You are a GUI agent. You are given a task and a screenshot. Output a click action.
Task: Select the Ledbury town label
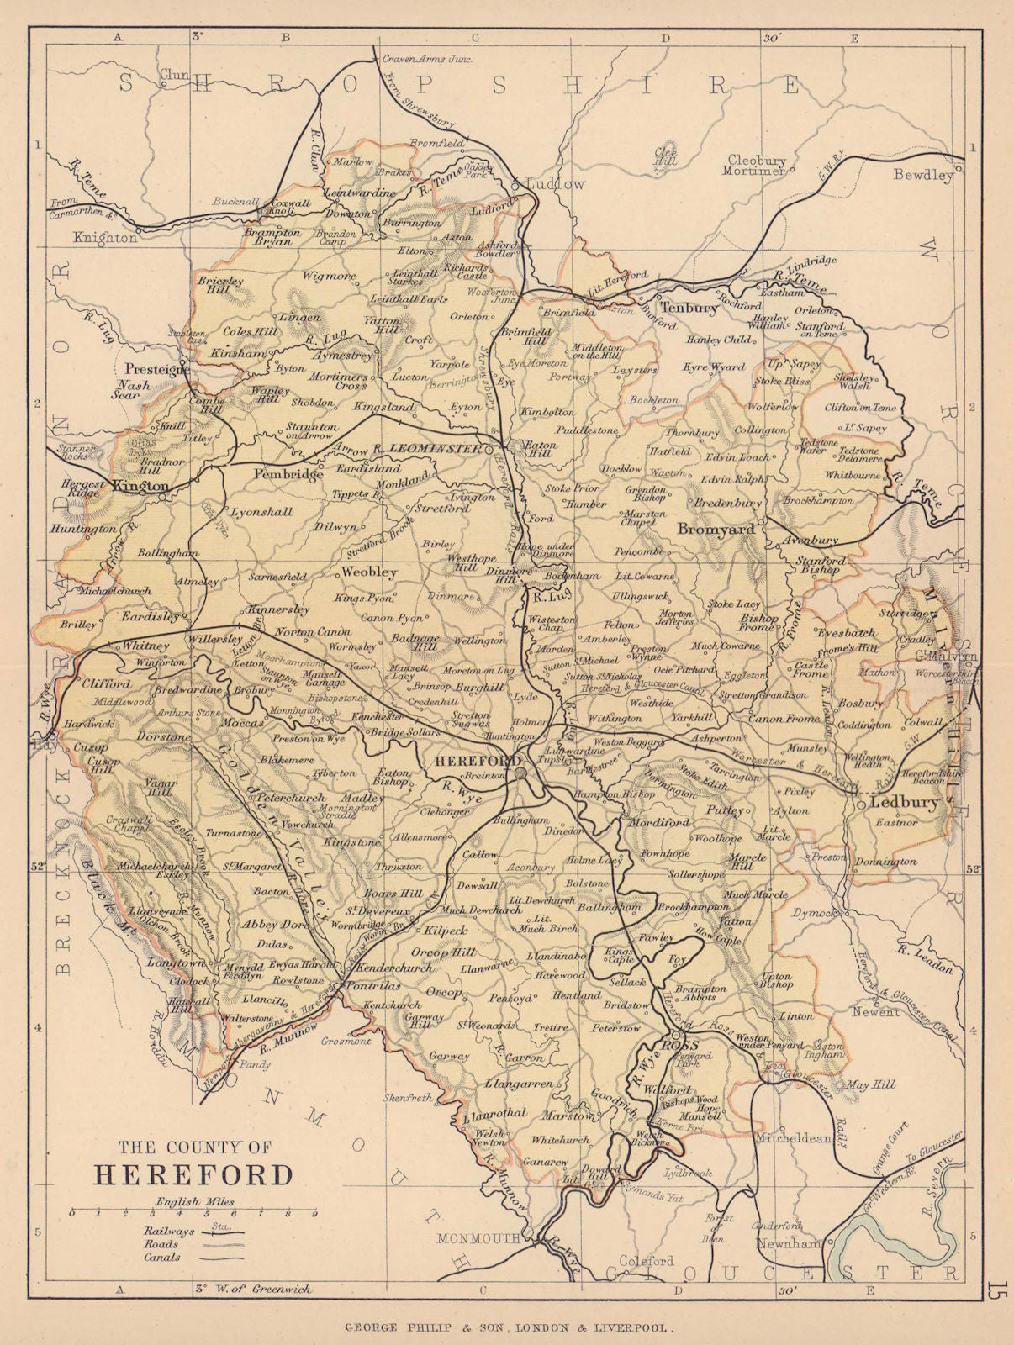pyautogui.click(x=903, y=801)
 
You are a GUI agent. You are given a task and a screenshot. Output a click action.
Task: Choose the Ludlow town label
pyautogui.click(x=555, y=183)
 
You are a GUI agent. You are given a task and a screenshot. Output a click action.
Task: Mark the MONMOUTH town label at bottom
pyautogui.click(x=478, y=1238)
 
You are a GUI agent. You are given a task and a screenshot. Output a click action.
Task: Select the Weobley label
pyautogui.click(x=368, y=572)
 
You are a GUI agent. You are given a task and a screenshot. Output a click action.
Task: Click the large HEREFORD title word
pyautogui.click(x=194, y=1174)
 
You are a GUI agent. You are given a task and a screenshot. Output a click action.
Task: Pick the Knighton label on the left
pyautogui.click(x=105, y=238)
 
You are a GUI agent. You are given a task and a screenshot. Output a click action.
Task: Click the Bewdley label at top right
pyautogui.click(x=923, y=176)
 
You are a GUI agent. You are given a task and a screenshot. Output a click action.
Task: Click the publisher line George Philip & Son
pyautogui.click(x=507, y=1328)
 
